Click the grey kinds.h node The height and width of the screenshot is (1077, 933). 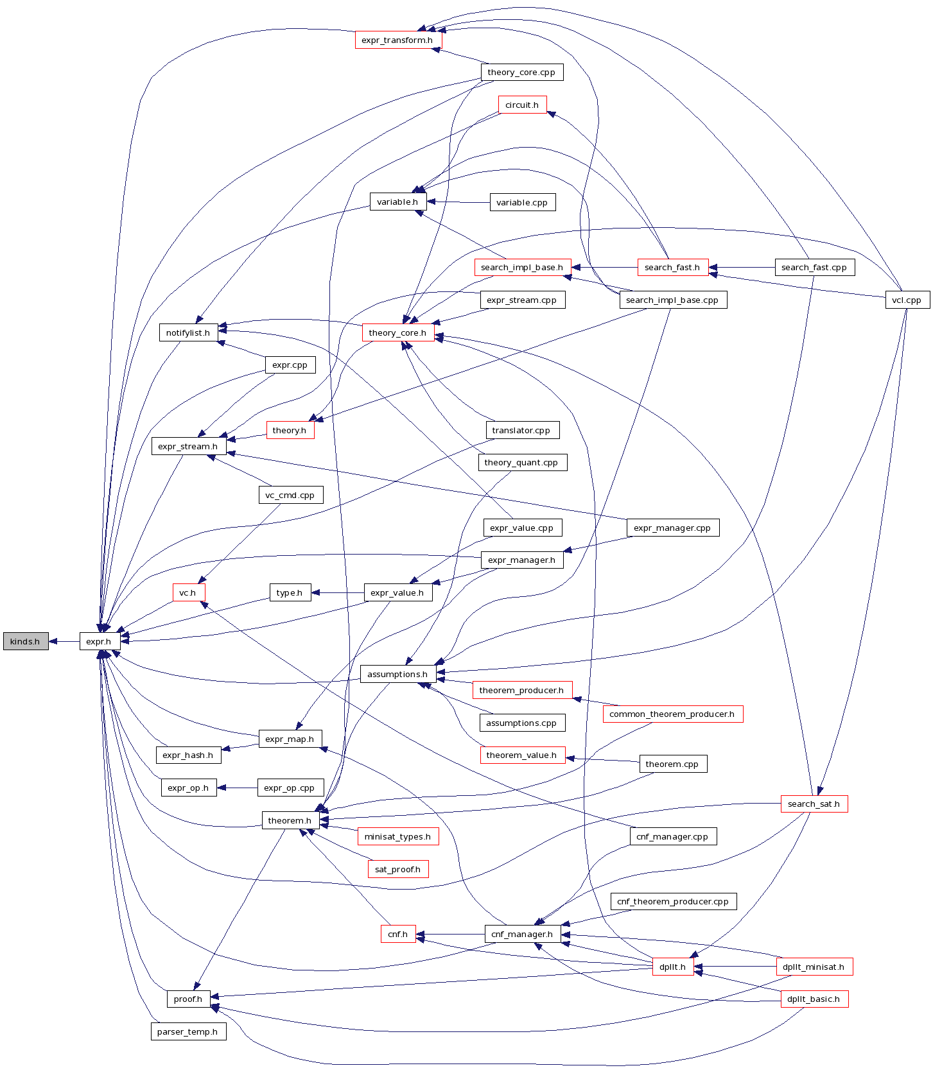click(26, 641)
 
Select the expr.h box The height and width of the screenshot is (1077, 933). click(99, 641)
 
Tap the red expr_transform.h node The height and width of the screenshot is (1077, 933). click(398, 40)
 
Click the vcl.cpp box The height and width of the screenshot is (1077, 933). click(907, 300)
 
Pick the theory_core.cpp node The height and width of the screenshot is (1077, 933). click(521, 73)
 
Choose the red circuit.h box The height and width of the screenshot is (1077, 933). click(522, 105)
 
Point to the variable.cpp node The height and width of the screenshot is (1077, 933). click(522, 202)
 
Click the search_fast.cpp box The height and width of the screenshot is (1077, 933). click(814, 268)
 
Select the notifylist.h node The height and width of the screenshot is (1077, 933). click(188, 332)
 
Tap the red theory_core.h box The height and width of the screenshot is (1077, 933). click(397, 332)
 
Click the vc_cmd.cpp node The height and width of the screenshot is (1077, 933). click(290, 495)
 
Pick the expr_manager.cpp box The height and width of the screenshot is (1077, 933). click(672, 528)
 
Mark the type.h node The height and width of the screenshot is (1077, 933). click(290, 592)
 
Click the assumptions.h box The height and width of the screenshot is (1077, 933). click(397, 674)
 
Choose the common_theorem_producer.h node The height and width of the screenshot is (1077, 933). click(672, 714)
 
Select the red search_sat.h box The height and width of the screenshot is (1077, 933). click(814, 804)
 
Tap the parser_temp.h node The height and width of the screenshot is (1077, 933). click(187, 1031)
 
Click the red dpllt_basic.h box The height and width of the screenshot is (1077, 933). click(814, 999)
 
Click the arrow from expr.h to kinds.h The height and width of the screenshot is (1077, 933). click(64, 641)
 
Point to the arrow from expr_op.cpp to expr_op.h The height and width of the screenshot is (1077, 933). click(238, 788)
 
